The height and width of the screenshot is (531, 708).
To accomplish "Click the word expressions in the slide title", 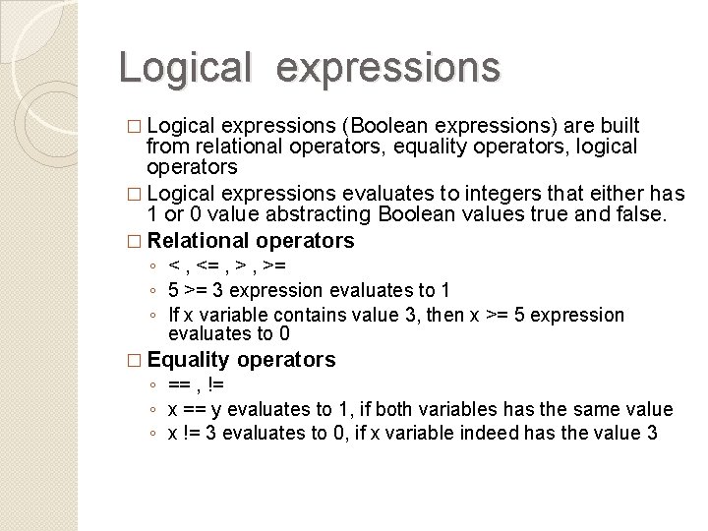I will (388, 66).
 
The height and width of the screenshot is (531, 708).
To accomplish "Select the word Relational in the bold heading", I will (203, 241).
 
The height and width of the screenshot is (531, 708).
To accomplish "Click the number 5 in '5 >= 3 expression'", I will (173, 291).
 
